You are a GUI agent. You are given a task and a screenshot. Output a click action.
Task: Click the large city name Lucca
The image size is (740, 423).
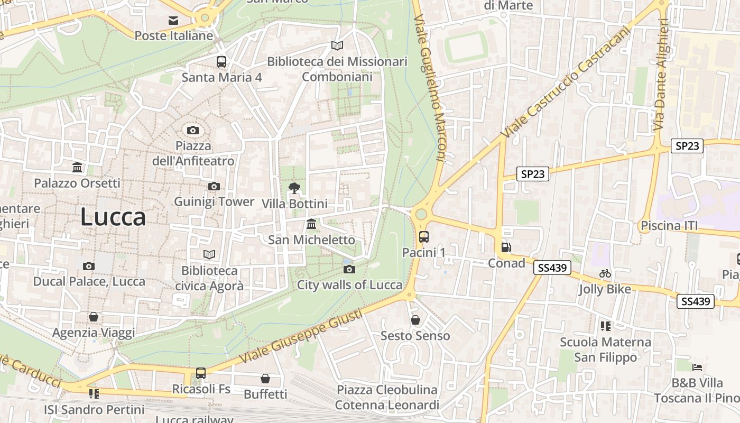(113, 217)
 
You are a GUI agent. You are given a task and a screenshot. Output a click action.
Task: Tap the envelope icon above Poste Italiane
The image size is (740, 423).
(173, 21)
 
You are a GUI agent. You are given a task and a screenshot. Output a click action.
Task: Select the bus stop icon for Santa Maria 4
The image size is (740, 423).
(221, 61)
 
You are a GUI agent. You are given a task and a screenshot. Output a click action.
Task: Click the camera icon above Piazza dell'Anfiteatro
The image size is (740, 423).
(193, 130)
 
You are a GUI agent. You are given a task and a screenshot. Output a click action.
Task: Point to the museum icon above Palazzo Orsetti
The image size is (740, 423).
(77, 168)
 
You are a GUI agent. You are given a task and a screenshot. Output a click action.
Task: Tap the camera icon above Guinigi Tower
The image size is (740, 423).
(214, 186)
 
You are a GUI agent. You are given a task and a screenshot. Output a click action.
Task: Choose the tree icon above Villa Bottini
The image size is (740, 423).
(294, 188)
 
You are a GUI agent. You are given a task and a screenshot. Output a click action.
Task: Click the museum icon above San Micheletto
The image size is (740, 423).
(311, 224)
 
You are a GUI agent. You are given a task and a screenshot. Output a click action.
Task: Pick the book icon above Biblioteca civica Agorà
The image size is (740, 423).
(209, 255)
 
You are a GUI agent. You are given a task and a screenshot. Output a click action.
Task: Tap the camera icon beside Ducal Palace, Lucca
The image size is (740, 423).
(89, 266)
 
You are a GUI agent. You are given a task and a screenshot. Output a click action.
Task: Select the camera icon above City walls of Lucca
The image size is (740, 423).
(349, 269)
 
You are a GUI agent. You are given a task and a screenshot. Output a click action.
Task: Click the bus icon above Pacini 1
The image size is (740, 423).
(423, 236)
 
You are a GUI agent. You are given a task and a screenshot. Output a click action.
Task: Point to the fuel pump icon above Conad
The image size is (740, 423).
(506, 247)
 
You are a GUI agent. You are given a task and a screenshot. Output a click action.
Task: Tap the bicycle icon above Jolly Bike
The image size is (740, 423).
(605, 273)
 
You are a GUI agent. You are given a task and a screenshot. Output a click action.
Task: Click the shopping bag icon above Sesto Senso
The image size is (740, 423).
(415, 320)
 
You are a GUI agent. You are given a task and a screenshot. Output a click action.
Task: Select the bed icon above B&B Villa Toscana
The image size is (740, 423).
(697, 366)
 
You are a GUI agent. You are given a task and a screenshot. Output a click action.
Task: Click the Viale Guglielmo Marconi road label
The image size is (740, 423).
(430, 87)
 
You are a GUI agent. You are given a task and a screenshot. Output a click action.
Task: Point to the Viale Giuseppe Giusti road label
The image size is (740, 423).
(301, 336)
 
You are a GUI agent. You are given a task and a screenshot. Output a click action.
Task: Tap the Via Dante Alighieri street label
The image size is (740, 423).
(661, 74)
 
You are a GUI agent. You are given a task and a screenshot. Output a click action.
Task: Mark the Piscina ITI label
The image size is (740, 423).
(669, 226)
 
